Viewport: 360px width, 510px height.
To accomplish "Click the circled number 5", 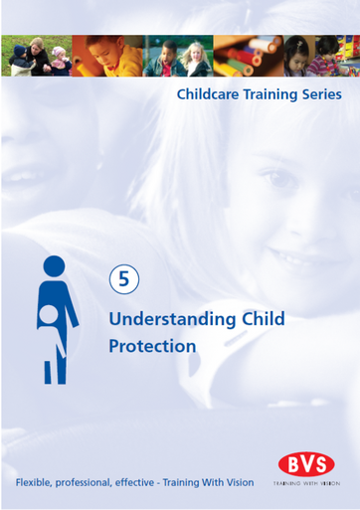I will [x=123, y=279].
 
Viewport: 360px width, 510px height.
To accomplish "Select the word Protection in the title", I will [x=152, y=347].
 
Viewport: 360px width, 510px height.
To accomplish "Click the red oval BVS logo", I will [x=306, y=464].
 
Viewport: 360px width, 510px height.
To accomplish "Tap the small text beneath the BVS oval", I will [x=306, y=483].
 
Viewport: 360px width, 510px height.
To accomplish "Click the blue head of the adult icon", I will [x=54, y=266].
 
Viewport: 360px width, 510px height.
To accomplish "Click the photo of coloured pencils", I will [x=245, y=56].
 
